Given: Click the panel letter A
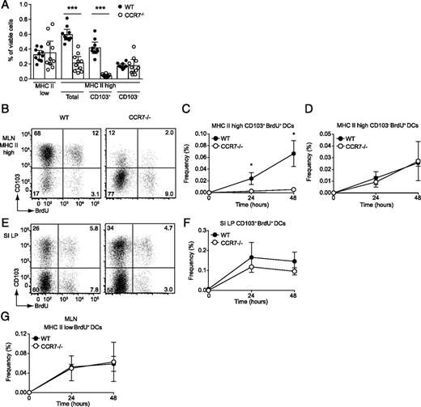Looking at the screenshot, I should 6,6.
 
